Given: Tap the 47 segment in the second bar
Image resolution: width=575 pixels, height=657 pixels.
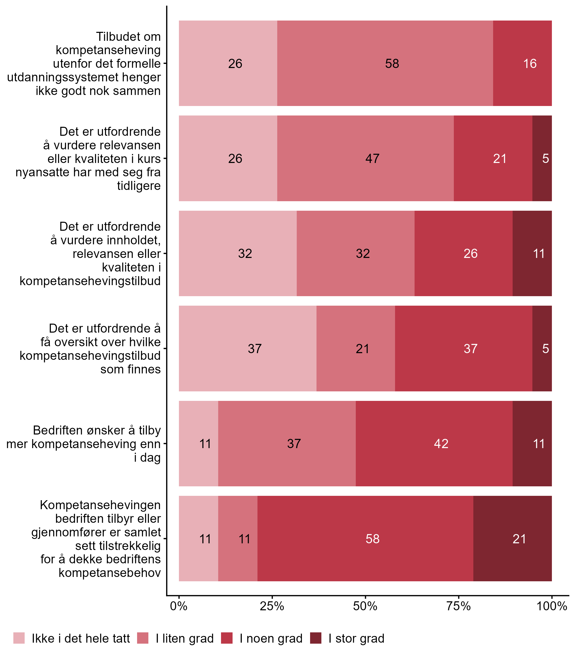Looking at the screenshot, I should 366,159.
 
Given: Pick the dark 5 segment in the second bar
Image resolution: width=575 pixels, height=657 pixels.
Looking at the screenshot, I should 542,159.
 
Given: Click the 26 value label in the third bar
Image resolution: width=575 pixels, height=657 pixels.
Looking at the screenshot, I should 470,254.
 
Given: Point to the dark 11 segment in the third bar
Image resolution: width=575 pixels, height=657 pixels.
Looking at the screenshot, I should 532,254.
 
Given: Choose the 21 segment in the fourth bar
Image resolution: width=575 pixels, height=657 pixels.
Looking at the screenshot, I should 356,349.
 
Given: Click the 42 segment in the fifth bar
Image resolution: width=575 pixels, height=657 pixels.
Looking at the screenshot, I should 434,444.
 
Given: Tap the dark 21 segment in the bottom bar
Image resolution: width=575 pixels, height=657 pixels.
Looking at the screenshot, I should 512,539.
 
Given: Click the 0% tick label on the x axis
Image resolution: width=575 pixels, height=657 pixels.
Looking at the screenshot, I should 179,606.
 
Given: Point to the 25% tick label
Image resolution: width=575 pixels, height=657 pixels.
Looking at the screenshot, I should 272,606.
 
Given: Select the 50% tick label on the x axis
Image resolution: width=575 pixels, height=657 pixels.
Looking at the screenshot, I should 365,606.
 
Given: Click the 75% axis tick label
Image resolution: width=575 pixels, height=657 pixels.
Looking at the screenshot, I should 458,606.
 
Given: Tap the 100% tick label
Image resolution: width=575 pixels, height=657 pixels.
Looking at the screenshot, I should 552,606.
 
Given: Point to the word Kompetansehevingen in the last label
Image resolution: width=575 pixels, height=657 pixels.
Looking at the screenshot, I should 100,505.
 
